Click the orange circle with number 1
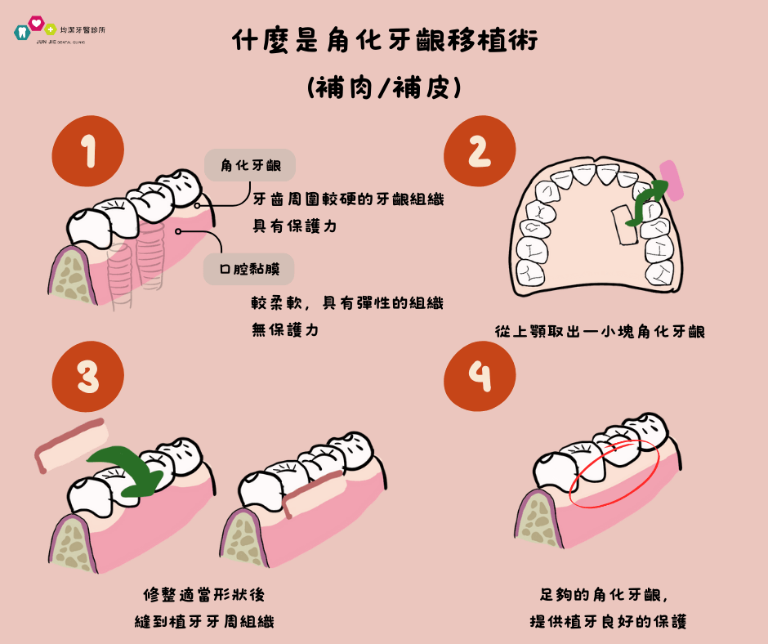coord(87,153)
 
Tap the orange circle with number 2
coord(480,153)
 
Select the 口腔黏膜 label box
coord(249,268)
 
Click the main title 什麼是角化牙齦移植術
coord(384,41)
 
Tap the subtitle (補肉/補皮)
coord(384,87)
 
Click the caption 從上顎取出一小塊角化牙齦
coord(601,332)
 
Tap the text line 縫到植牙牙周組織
coord(204,621)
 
